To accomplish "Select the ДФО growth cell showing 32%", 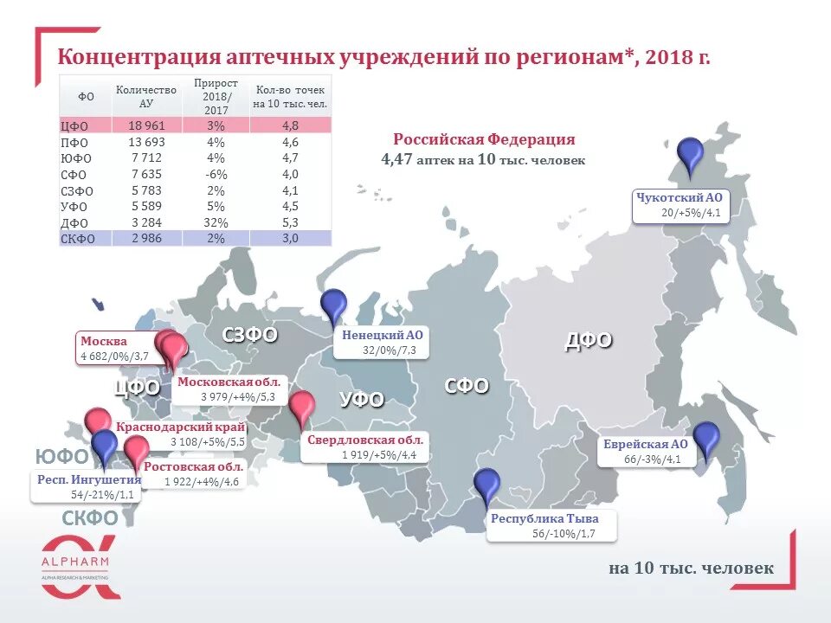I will pos(215,222).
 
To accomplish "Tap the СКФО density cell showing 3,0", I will pos(290,239).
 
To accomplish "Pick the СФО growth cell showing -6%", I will pos(215,174).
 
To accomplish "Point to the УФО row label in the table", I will pos(76,206).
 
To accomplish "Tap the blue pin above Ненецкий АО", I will pos(333,306).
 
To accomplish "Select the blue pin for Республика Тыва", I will pos(487,486).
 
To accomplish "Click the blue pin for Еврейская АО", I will pos(706,439).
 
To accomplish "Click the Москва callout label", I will pos(104,341).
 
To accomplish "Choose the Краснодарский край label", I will pos(180,427).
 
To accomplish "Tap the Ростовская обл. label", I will pos(194,466).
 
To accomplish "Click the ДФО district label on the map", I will pos(589,340).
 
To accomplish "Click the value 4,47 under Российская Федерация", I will pos(396,160).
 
